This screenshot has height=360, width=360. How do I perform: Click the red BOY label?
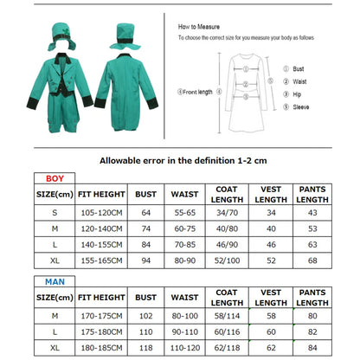(44, 178)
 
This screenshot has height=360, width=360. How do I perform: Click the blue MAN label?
(44, 280)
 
